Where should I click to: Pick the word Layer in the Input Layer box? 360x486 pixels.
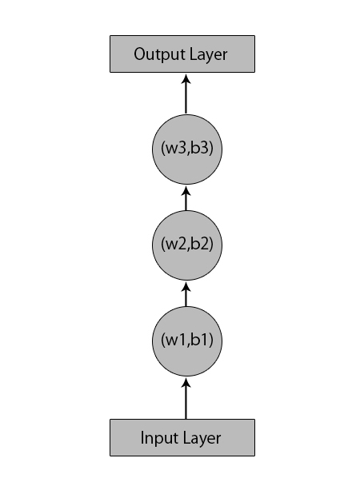(x=203, y=437)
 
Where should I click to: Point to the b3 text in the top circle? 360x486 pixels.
(x=204, y=149)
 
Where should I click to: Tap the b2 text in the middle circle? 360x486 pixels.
(x=204, y=245)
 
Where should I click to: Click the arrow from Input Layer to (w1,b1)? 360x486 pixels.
(x=186, y=399)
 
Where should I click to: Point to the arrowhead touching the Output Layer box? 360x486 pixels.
(x=186, y=78)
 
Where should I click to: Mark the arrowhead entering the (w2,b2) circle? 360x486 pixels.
(x=186, y=286)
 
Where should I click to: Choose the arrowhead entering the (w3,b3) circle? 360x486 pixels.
(x=186, y=189)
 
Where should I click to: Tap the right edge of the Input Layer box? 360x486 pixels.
(x=254, y=437)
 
